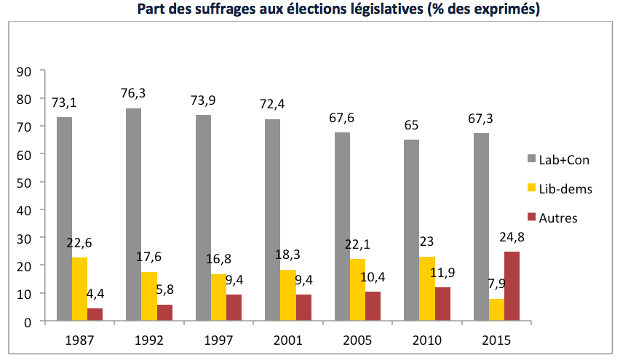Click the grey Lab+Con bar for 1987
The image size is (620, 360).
pyautogui.click(x=63, y=218)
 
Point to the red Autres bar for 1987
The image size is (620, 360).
pyautogui.click(x=95, y=314)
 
